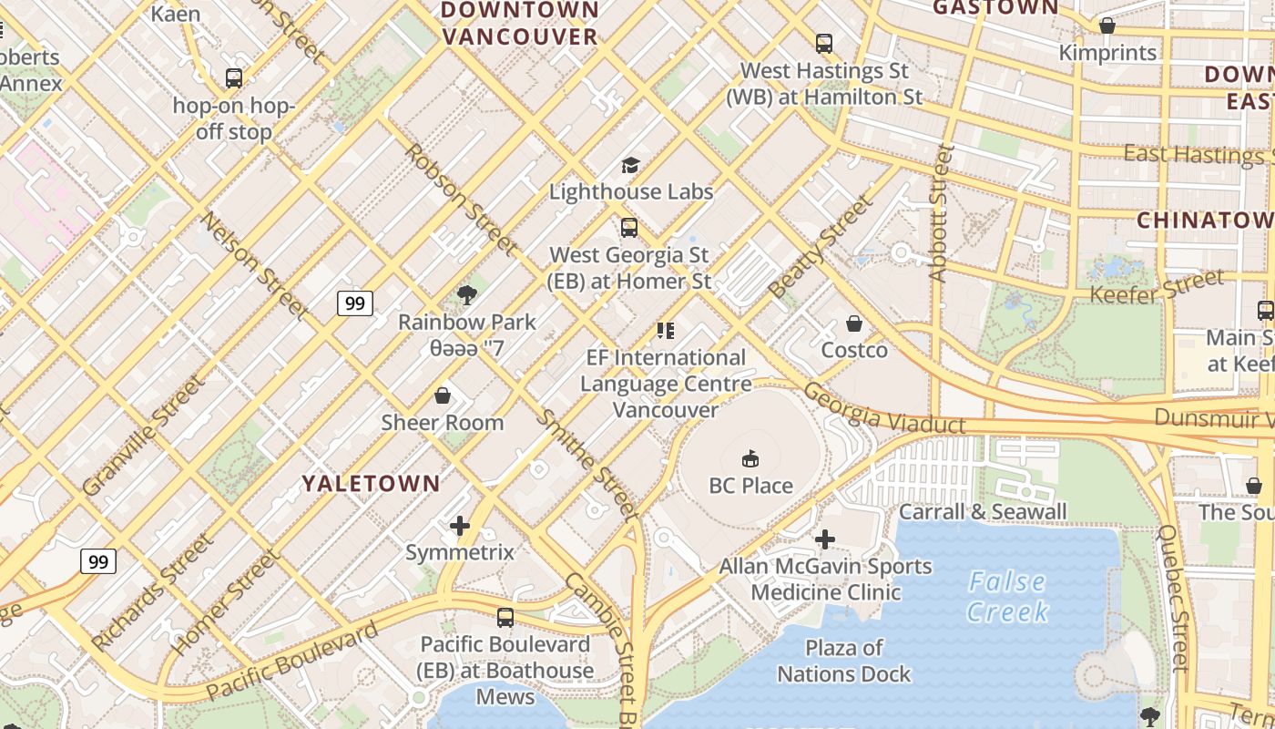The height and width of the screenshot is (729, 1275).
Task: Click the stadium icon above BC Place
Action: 750,457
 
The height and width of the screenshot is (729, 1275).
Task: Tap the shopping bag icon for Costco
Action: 854,323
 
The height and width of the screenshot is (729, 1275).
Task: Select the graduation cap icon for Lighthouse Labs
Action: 630,165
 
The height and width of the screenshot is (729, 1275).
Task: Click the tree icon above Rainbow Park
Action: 467,294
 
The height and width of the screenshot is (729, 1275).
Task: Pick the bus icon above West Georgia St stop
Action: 629,227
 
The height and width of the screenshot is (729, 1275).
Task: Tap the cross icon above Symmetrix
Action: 460,525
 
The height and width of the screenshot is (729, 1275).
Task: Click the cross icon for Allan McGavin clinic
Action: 825,539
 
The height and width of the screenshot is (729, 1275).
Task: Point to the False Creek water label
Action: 1007,596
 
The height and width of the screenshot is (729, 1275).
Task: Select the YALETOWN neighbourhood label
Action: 372,483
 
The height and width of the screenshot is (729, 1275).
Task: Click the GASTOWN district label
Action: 996,8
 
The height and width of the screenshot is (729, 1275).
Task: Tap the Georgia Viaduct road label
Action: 884,409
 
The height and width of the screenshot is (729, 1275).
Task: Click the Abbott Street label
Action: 940,212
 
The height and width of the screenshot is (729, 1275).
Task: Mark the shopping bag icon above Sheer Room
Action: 443,395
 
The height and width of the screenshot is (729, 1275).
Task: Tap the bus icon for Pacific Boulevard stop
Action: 505,617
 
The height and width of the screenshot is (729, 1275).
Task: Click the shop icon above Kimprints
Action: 1107,26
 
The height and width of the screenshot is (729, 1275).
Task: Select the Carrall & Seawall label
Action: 983,511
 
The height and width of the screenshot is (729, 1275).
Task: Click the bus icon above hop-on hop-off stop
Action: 234,78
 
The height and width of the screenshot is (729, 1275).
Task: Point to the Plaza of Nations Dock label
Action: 843,661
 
